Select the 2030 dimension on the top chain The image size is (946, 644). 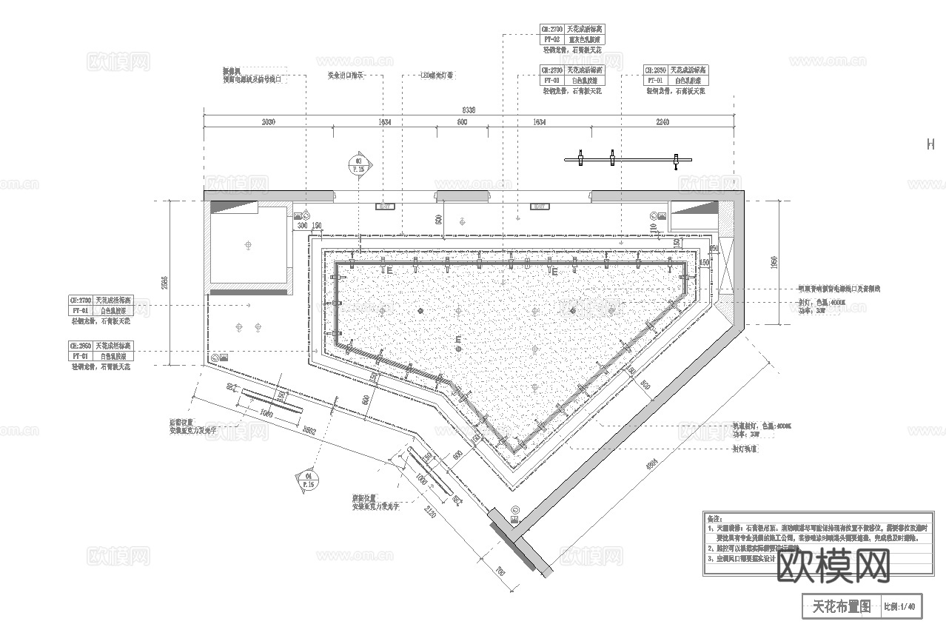(268, 122)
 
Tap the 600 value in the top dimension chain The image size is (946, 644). (462, 122)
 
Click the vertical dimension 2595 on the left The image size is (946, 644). (164, 282)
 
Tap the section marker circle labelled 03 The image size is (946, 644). (359, 164)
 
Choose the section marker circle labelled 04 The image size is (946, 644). (309, 480)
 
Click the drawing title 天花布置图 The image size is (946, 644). (841, 607)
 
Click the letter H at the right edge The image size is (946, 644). (930, 145)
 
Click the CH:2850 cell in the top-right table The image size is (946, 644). (655, 70)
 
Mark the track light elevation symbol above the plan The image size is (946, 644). (628, 158)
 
